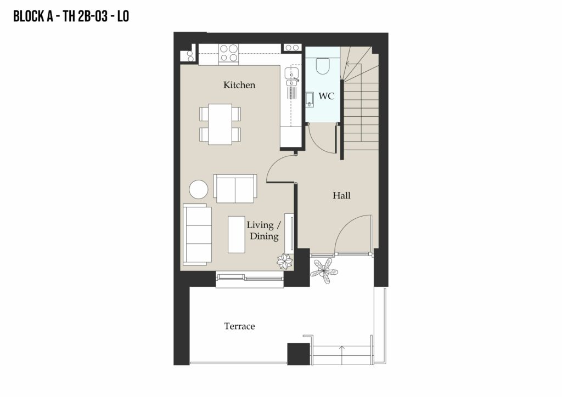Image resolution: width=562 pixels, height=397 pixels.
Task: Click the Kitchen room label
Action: [239, 85]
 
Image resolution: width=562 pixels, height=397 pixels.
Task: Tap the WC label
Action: [326, 96]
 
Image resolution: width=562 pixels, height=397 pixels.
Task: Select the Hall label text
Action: [341, 195]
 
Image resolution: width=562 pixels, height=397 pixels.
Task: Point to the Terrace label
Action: [239, 326]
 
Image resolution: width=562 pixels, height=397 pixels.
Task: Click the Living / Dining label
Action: [264, 230]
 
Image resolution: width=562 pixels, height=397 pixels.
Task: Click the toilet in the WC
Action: [323, 66]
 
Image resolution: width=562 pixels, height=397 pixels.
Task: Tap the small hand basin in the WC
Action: [310, 99]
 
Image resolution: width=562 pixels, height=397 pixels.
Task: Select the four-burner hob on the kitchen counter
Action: [229, 53]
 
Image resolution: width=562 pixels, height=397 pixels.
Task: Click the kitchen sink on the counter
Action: [291, 76]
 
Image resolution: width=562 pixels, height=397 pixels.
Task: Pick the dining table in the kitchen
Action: [220, 124]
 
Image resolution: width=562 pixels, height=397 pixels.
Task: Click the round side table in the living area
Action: [199, 189]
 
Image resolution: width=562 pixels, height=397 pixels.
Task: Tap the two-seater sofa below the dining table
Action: [235, 189]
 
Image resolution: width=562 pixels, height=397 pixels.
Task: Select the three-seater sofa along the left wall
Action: [197, 235]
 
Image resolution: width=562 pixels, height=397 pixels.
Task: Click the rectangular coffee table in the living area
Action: [237, 235]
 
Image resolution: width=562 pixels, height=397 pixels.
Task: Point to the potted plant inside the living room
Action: [285, 262]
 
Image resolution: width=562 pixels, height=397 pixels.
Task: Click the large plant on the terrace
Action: [324, 271]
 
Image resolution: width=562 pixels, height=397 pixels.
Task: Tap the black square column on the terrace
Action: [299, 354]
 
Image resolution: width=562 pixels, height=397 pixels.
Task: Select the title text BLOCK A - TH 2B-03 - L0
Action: [71, 16]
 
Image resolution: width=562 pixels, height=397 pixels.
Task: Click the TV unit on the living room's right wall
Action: [289, 234]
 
